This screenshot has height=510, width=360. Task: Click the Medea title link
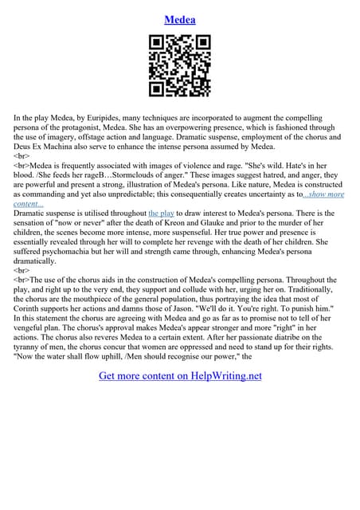pos(180,19)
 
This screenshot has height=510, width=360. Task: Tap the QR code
pos(180,65)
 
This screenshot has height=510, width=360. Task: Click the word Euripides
pos(113,117)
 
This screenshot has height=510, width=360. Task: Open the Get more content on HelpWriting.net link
pos(180,375)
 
